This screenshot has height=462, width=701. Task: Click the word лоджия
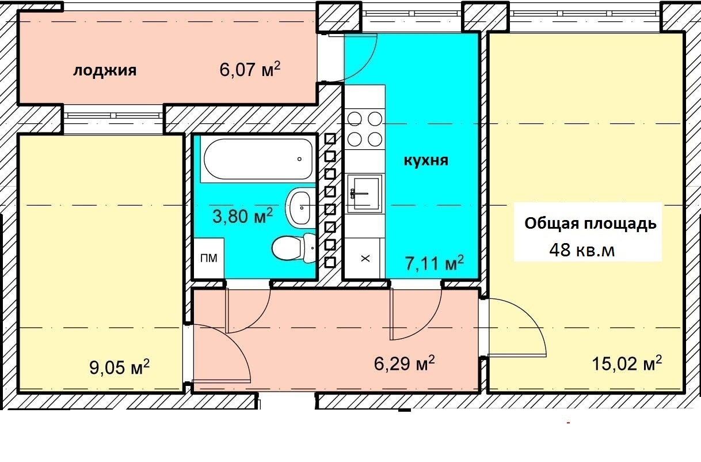click(105, 71)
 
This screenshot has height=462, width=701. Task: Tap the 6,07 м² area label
click(250, 69)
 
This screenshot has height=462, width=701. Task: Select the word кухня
click(426, 161)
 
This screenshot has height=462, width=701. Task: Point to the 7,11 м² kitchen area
click(435, 263)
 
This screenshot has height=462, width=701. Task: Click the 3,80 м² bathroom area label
click(242, 216)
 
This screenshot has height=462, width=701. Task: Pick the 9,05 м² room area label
click(120, 367)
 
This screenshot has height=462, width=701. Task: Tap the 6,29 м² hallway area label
click(405, 363)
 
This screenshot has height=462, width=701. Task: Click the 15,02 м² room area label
click(627, 363)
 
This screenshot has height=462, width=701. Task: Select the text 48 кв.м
click(582, 250)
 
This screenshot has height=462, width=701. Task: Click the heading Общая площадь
click(590, 224)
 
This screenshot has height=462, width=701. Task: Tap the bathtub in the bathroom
click(258, 159)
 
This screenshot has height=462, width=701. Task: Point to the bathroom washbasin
click(300, 206)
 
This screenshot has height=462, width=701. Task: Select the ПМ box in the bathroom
click(209, 258)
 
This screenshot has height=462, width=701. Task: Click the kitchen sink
click(365, 194)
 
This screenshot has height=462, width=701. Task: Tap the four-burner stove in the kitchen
click(364, 129)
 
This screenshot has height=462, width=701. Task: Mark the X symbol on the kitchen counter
click(365, 259)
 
